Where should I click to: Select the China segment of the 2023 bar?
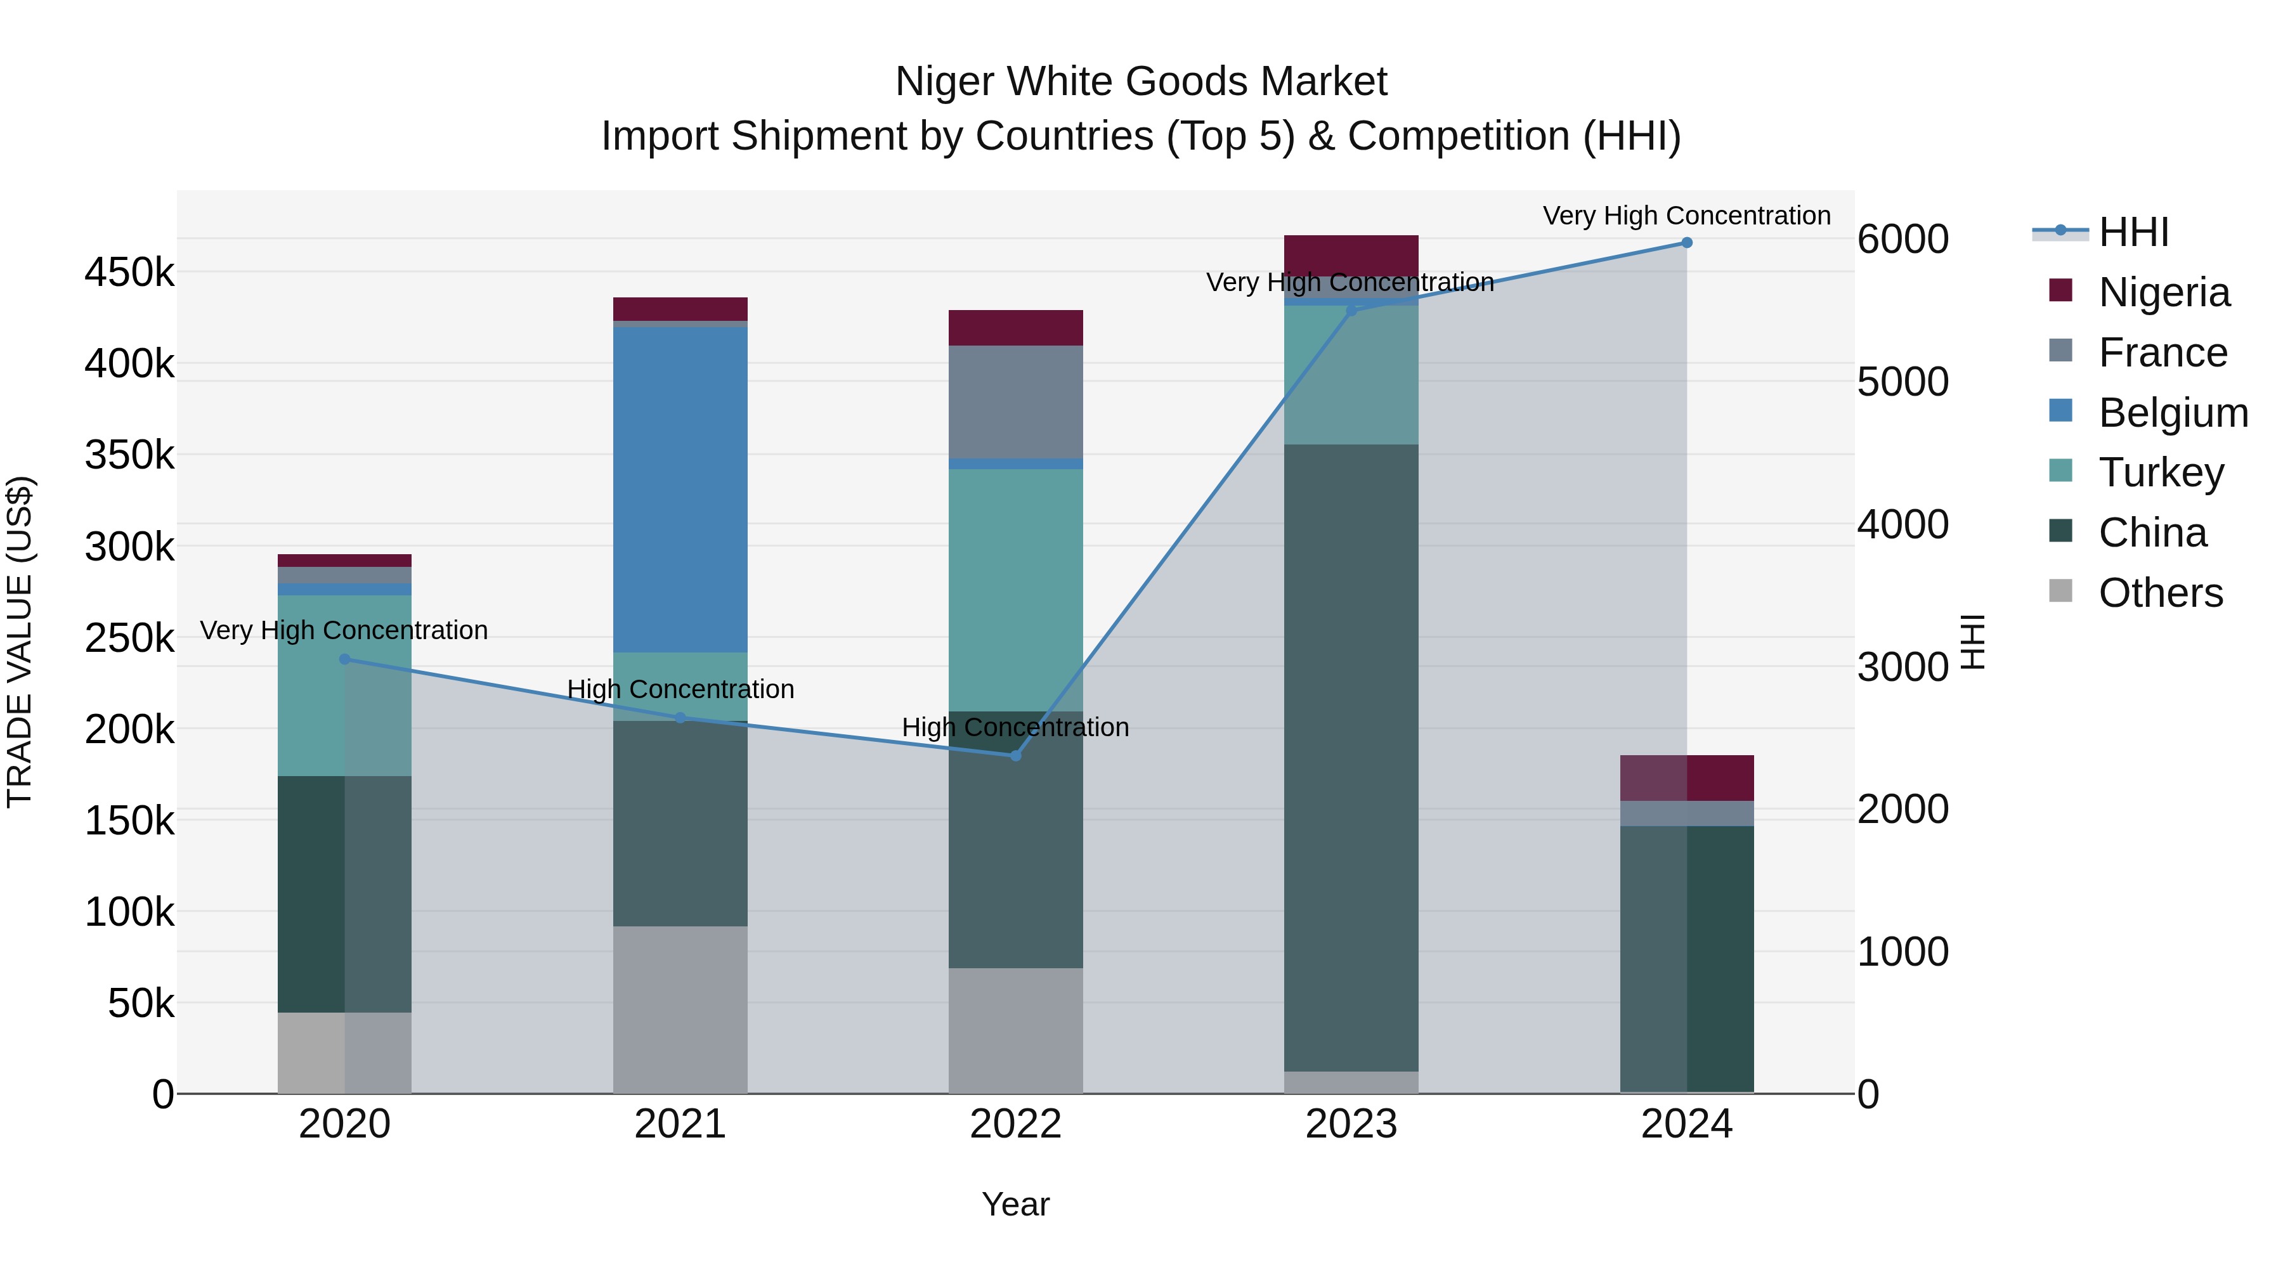click(1351, 758)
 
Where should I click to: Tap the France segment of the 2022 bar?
click(1016, 401)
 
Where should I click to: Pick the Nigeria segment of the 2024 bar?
click(1686, 778)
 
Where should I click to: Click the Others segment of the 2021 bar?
click(680, 1009)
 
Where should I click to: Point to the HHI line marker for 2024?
click(1686, 243)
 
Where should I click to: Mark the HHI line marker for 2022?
click(1016, 756)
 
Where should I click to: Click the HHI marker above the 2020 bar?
click(345, 659)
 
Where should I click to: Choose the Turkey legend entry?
click(2161, 472)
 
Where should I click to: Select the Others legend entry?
click(2160, 593)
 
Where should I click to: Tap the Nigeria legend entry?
click(2163, 292)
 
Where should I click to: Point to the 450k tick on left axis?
click(129, 272)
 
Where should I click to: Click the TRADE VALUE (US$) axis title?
click(20, 642)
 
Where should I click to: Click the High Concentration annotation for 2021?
click(680, 689)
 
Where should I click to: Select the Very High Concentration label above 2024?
click(1686, 216)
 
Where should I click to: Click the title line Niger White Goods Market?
click(1141, 82)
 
